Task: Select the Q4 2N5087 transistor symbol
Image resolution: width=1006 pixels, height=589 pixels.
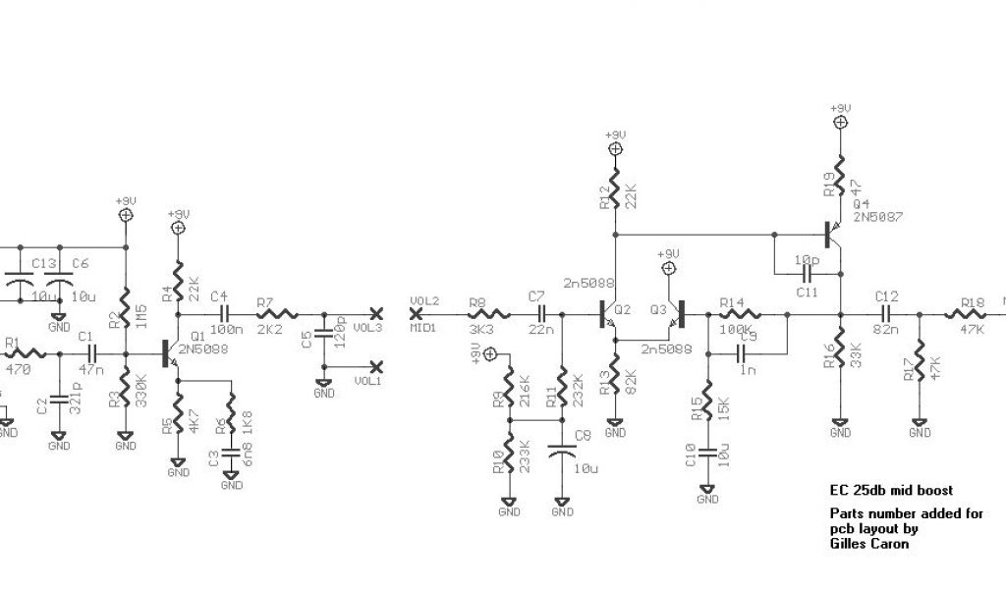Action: [833, 234]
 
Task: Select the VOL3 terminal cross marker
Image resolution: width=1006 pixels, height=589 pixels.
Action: [374, 314]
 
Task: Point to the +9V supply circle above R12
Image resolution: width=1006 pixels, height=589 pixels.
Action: [615, 149]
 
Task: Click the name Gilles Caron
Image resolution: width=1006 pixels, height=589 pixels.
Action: [869, 543]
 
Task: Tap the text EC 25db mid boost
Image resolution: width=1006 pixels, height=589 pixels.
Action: [891, 490]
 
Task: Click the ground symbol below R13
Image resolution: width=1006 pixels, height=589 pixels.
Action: [615, 429]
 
